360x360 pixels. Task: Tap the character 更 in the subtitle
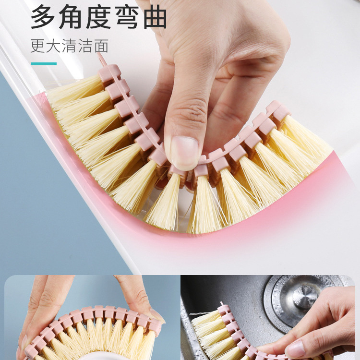(x=37, y=46)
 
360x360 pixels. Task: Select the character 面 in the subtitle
(x=101, y=46)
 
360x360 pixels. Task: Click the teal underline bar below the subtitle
(x=44, y=64)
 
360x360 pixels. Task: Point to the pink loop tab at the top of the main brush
(x=102, y=59)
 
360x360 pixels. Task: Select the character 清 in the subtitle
(x=69, y=46)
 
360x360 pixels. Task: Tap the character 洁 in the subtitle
(x=85, y=46)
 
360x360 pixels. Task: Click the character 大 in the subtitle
(x=53, y=46)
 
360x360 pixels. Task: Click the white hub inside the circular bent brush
(x=96, y=355)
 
